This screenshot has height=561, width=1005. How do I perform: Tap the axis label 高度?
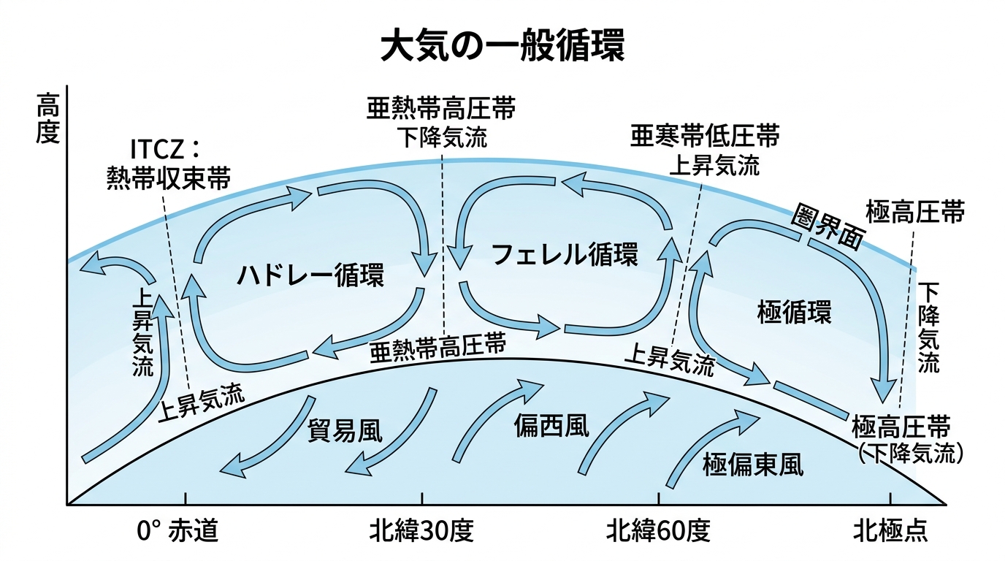coord(47,121)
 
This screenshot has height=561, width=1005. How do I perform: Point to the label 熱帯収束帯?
coord(167,178)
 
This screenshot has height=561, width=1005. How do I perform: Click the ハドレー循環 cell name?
coord(310,275)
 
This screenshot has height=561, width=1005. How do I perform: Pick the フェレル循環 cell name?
coord(565,254)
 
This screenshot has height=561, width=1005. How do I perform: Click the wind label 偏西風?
coord(551,424)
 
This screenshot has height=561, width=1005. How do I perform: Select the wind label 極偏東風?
coord(752,465)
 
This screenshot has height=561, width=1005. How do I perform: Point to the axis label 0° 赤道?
coord(177,531)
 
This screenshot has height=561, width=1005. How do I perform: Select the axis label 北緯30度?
coord(422,531)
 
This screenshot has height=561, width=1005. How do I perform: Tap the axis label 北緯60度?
coord(658,531)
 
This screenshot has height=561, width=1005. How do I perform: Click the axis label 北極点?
coord(890,531)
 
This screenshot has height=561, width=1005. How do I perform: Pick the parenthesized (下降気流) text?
coord(908,454)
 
